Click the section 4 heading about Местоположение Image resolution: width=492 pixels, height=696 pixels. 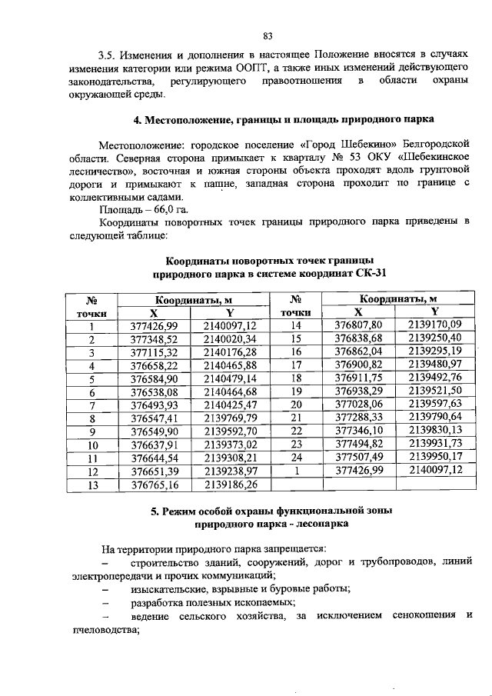point(283,120)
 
